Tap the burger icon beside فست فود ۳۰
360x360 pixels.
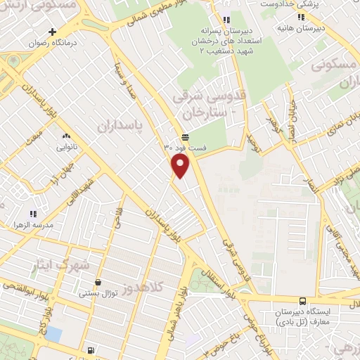click(x=185, y=137)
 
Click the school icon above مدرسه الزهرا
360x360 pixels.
click(x=32, y=213)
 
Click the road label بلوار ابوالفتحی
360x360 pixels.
click(x=25, y=290)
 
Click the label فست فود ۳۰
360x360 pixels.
click(x=186, y=148)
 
